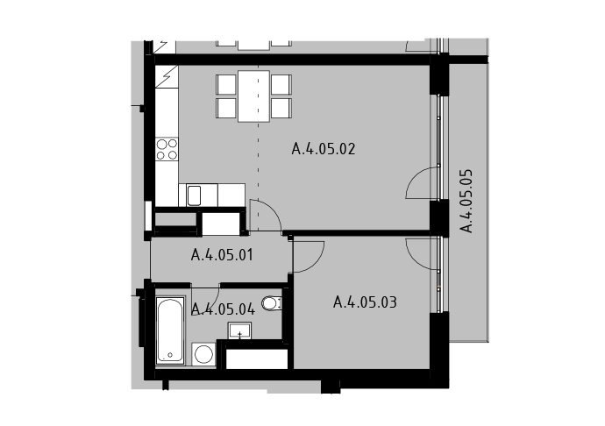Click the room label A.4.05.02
pos(324,149)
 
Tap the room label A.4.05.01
pos(222,255)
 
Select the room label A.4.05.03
pos(365,302)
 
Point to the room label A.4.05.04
pos(223,309)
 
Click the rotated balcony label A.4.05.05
pos(466,201)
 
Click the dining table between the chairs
pos(253,96)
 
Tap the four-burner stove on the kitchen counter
pos(167,149)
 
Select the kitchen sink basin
pos(194,195)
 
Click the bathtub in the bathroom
pos(170,330)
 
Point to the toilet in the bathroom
pos(271,303)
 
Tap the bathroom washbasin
pos(239,330)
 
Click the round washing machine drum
pos(203,354)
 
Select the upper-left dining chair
pos(226,84)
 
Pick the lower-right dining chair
pos(281,109)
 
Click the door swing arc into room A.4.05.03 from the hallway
pos(317,263)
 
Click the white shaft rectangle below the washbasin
pos(257,359)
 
